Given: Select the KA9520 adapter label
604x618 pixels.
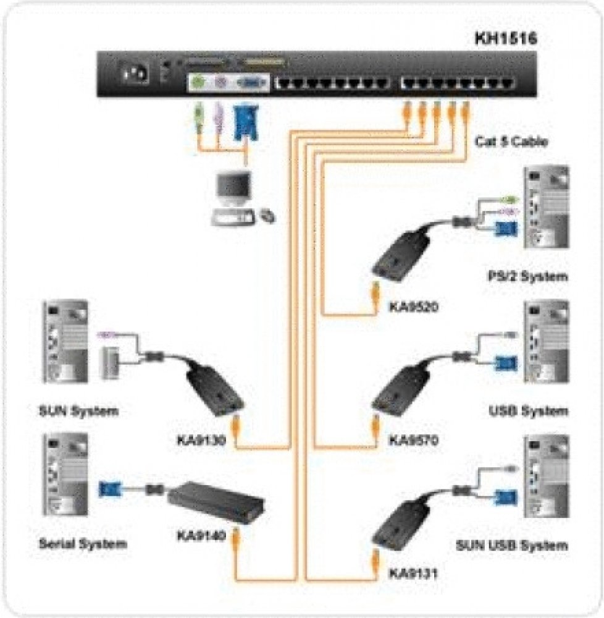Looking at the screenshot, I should (x=413, y=306).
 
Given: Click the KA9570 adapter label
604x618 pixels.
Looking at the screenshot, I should (x=413, y=441).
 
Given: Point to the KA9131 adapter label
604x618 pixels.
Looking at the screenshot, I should (x=413, y=574).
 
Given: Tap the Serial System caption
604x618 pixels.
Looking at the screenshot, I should (x=83, y=544).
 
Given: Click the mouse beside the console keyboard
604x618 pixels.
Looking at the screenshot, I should (x=268, y=216).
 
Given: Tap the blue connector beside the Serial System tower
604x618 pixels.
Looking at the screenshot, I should (x=110, y=489).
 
